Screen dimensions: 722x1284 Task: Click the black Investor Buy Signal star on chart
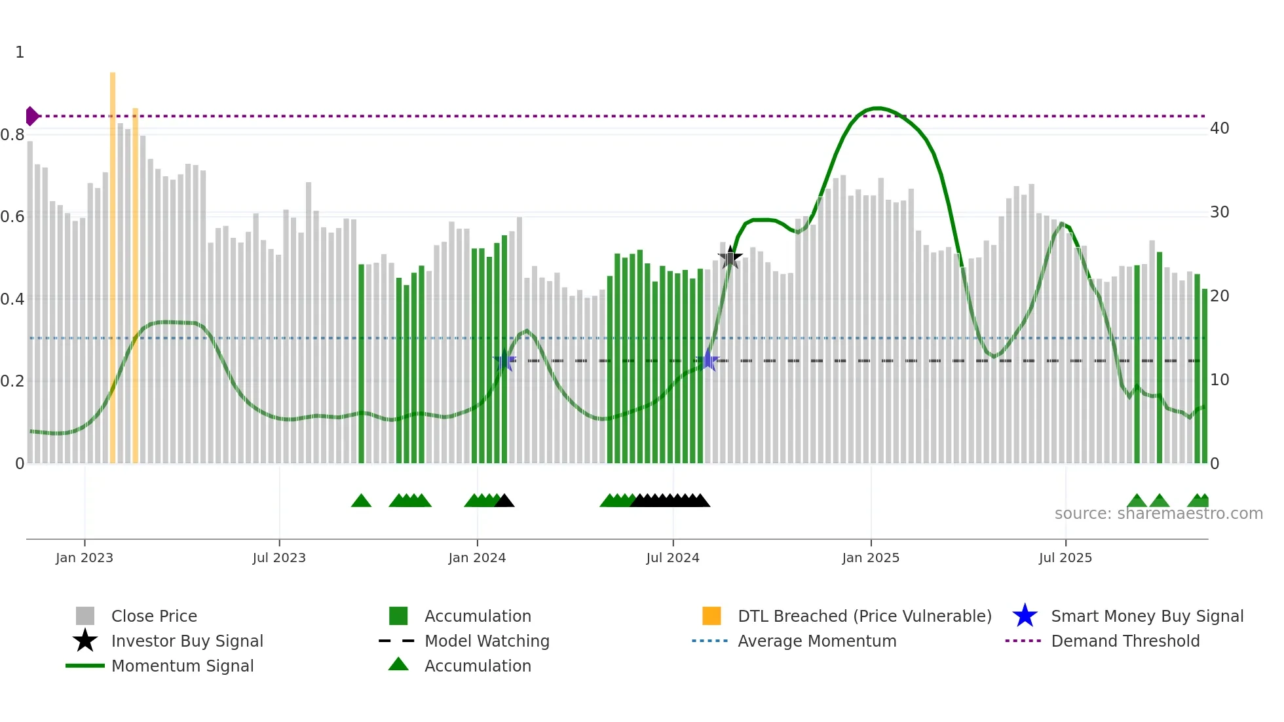(x=730, y=257)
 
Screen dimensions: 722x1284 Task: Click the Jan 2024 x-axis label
(x=477, y=558)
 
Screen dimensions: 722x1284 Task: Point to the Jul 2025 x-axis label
(x=1065, y=558)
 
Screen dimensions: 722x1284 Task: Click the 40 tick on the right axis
(x=1219, y=128)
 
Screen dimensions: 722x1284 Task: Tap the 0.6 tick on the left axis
(x=12, y=217)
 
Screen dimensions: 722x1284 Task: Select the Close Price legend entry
(x=154, y=616)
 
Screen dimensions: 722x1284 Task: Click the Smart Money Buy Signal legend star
(x=1025, y=616)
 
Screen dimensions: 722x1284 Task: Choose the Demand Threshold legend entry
(x=1125, y=641)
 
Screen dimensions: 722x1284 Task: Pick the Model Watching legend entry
(x=487, y=641)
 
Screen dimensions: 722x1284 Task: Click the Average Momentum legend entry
(x=816, y=641)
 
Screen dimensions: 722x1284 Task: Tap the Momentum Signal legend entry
(x=182, y=666)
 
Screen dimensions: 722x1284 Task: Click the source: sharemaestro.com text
(x=1158, y=514)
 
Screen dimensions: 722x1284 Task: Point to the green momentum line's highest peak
(x=878, y=108)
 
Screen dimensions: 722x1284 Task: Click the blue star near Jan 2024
(x=504, y=361)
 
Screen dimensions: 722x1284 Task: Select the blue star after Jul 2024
(x=708, y=360)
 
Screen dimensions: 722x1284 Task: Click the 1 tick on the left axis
(x=20, y=52)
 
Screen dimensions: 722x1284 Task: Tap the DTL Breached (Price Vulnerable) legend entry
(x=864, y=616)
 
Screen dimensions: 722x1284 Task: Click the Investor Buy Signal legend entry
(x=187, y=641)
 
